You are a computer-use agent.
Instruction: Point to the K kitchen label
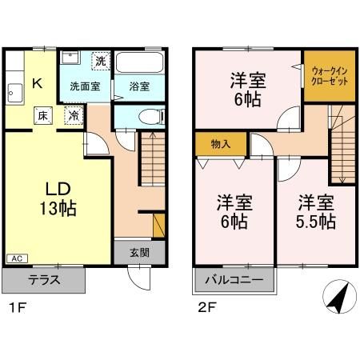click(x=37, y=81)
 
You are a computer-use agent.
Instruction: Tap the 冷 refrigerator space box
click(x=72, y=116)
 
